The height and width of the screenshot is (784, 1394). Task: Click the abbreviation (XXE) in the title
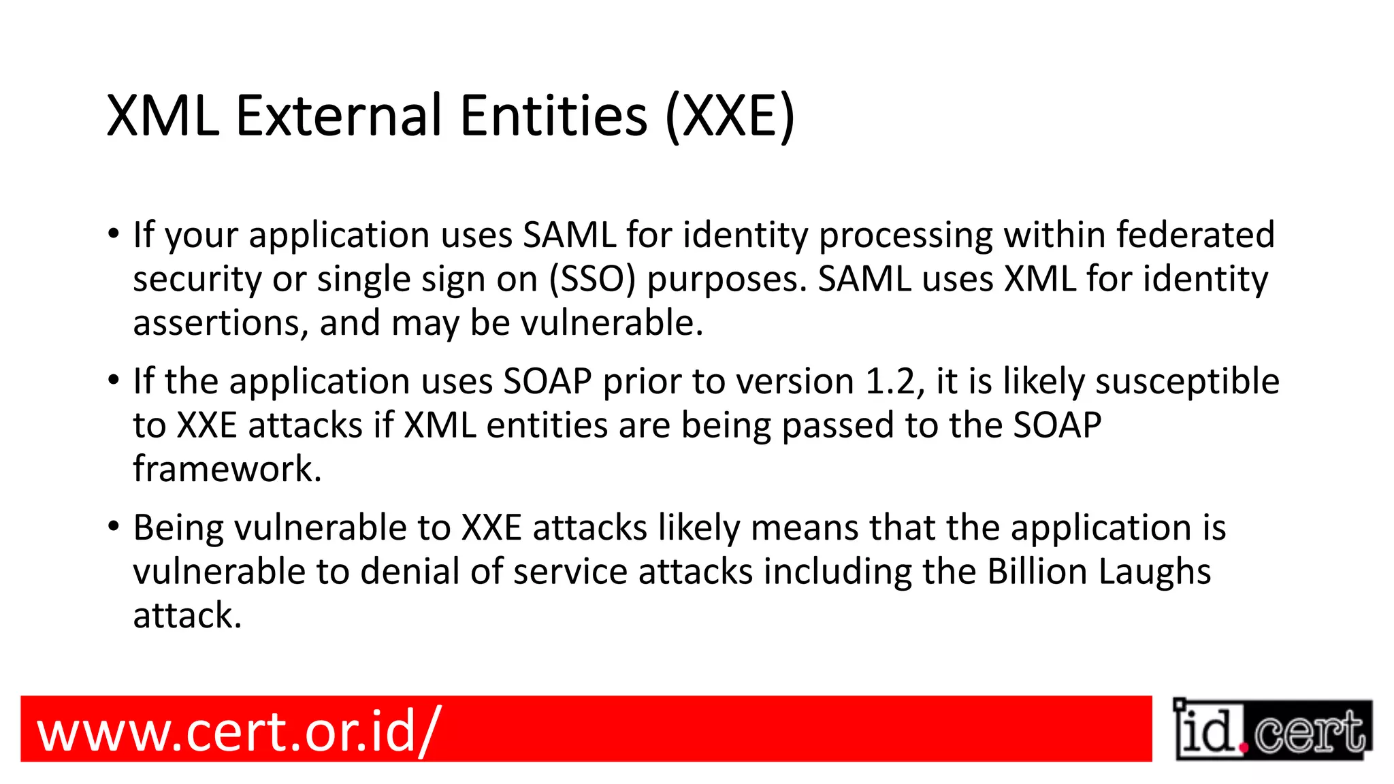point(729,116)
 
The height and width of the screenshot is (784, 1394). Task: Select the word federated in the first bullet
point(1195,235)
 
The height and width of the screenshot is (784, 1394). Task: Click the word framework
point(227,469)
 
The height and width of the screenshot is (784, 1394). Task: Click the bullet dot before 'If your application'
point(114,233)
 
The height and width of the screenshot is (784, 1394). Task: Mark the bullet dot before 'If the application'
point(114,380)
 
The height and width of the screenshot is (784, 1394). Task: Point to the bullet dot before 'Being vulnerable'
point(114,526)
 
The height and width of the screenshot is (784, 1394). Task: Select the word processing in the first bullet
point(906,235)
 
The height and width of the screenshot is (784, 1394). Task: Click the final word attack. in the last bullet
point(187,615)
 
